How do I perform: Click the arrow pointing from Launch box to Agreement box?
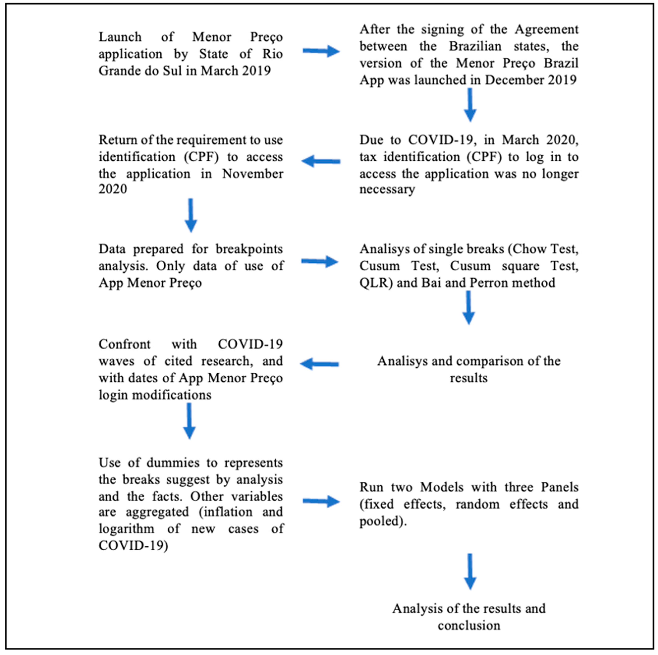(x=321, y=52)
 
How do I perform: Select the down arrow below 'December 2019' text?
(x=470, y=105)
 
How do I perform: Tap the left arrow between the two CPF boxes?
(x=321, y=161)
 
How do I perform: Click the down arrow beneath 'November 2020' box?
(x=191, y=215)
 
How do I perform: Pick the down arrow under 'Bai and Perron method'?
(x=469, y=307)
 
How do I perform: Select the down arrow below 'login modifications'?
(x=189, y=421)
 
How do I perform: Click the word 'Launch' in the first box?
(x=120, y=37)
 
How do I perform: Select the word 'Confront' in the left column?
(x=124, y=344)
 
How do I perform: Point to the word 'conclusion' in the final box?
(x=469, y=626)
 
